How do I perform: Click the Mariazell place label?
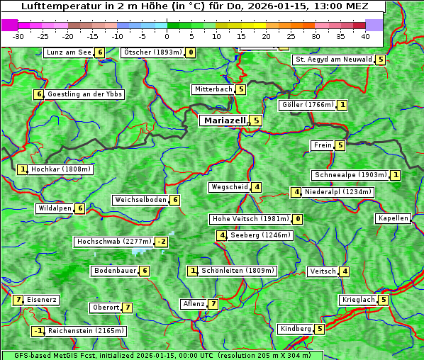(x=224, y=120)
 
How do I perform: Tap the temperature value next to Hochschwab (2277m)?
(x=162, y=242)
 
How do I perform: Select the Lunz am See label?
(x=69, y=52)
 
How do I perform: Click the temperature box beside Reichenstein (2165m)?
(x=38, y=331)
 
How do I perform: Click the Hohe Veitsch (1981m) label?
(x=251, y=219)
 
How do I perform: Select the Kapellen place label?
(x=394, y=218)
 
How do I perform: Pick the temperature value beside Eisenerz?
(x=18, y=300)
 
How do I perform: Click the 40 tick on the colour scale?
(x=365, y=35)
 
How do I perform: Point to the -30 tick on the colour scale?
(x=18, y=35)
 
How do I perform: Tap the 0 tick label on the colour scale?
(x=167, y=35)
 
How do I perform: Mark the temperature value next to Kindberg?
(x=320, y=329)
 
